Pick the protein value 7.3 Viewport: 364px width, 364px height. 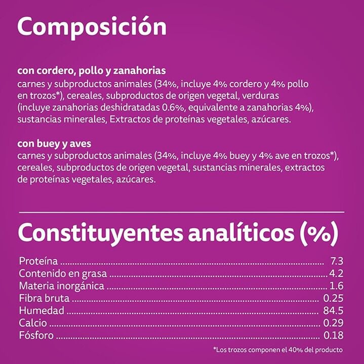point(337,262)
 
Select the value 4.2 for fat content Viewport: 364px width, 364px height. point(337,274)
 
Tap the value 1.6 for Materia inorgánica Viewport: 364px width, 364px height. point(337,286)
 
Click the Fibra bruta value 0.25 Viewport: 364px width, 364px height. point(334,298)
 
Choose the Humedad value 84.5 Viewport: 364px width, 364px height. point(334,310)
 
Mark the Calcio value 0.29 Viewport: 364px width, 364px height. point(334,322)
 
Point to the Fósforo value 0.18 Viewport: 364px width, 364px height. point(334,335)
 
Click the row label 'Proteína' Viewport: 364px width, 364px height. point(38,262)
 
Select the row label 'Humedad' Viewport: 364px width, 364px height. point(41,310)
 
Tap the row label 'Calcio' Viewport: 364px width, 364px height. point(33,322)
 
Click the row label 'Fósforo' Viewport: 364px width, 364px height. point(36,335)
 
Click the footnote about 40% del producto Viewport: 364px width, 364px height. point(278,349)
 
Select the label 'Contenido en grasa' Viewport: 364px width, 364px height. point(63,274)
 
